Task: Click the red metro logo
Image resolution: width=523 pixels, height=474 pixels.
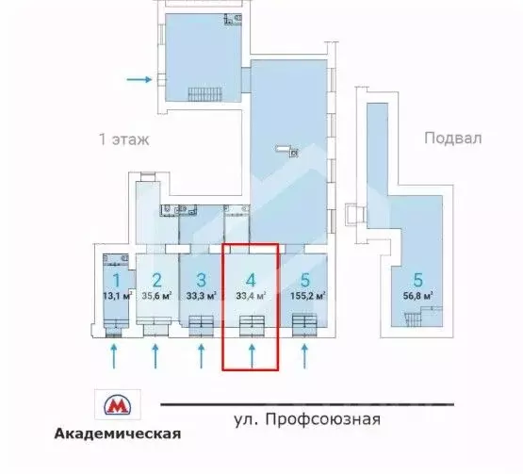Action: (x=117, y=405)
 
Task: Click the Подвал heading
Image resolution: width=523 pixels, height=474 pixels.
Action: (x=452, y=138)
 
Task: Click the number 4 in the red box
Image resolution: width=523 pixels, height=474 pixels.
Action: (x=250, y=280)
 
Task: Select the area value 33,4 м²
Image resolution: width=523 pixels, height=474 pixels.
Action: (x=250, y=296)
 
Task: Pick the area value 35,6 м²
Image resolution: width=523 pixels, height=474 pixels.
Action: (x=157, y=296)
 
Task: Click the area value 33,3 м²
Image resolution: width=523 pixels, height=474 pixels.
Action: (x=200, y=296)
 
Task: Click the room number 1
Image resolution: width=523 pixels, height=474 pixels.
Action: (x=116, y=280)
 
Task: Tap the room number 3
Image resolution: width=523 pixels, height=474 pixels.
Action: (x=200, y=280)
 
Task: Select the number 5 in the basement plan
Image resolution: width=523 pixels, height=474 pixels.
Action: (x=417, y=280)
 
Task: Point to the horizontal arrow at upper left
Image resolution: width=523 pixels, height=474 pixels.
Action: (x=138, y=80)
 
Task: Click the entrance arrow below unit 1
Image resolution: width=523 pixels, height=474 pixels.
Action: (x=114, y=356)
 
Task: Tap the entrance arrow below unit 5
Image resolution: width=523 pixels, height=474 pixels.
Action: (x=303, y=356)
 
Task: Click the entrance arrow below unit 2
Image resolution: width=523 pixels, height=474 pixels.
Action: (x=156, y=356)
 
